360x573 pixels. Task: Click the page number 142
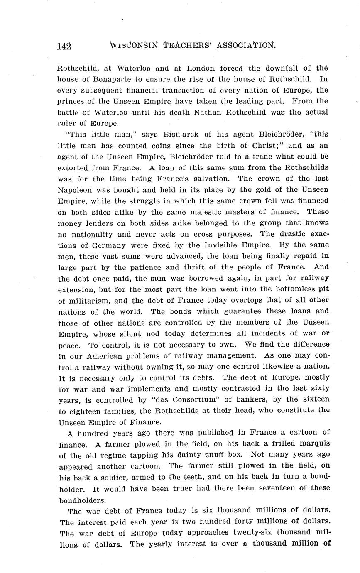pyautogui.click(x=64, y=46)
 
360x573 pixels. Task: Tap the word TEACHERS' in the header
pyautogui.click(x=182, y=45)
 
